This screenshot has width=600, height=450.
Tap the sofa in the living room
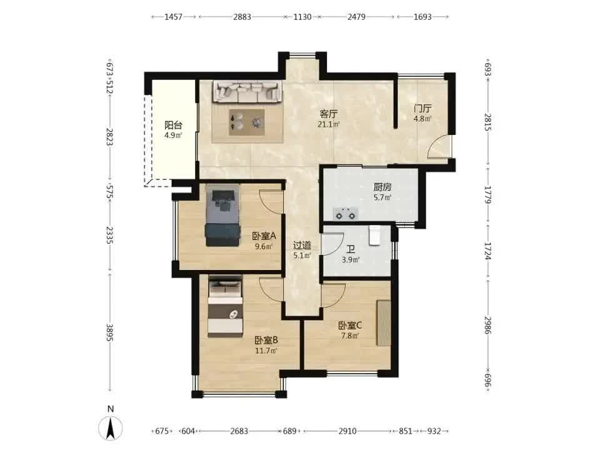click(247, 92)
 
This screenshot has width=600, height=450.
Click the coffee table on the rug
click(247, 122)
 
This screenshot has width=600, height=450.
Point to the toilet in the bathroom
click(374, 236)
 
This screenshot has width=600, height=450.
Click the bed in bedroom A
click(222, 216)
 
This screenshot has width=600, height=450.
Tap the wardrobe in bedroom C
click(384, 323)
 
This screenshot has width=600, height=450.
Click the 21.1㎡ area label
click(329, 124)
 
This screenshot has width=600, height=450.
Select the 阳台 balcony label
click(173, 125)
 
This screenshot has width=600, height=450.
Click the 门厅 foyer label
click(423, 109)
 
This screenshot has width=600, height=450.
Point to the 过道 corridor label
click(302, 245)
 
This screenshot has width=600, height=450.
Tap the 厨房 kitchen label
click(382, 187)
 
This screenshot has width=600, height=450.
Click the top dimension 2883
click(242, 17)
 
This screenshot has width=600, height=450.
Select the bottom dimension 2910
click(347, 431)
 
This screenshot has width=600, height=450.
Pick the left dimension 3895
click(110, 332)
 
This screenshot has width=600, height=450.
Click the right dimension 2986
click(487, 325)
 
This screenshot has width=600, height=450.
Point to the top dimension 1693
click(422, 17)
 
